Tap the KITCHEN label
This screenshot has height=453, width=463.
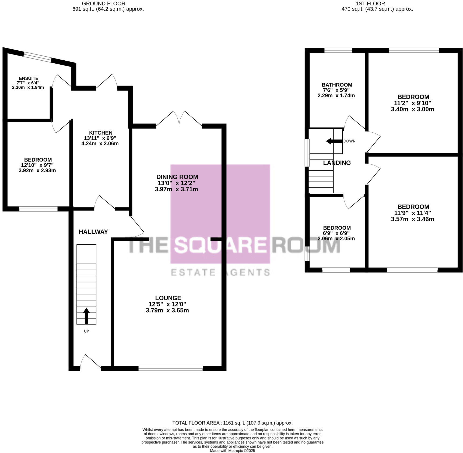click(101, 133)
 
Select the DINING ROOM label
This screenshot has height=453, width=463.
click(177, 177)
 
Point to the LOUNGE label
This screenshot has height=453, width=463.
click(168, 298)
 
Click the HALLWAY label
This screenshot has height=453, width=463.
click(93, 232)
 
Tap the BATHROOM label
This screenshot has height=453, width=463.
click(337, 85)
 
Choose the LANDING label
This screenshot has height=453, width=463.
click(337, 163)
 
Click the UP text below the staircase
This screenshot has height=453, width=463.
click(86, 331)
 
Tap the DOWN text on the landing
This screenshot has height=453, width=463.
click(349, 141)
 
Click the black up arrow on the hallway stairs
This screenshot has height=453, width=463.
click(86, 316)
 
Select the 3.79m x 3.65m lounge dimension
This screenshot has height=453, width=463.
click(167, 310)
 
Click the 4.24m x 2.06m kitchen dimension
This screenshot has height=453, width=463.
click(100, 144)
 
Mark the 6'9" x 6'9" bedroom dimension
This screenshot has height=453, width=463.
click(336, 233)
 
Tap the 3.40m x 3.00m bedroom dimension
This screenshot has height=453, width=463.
click(412, 109)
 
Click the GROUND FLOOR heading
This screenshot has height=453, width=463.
click(103, 4)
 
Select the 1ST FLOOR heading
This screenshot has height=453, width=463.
click(370, 4)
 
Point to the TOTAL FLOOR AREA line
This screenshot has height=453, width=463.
click(232, 423)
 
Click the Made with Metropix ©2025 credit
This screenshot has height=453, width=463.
click(232, 451)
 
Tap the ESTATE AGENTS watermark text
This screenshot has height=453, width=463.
click(220, 272)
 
